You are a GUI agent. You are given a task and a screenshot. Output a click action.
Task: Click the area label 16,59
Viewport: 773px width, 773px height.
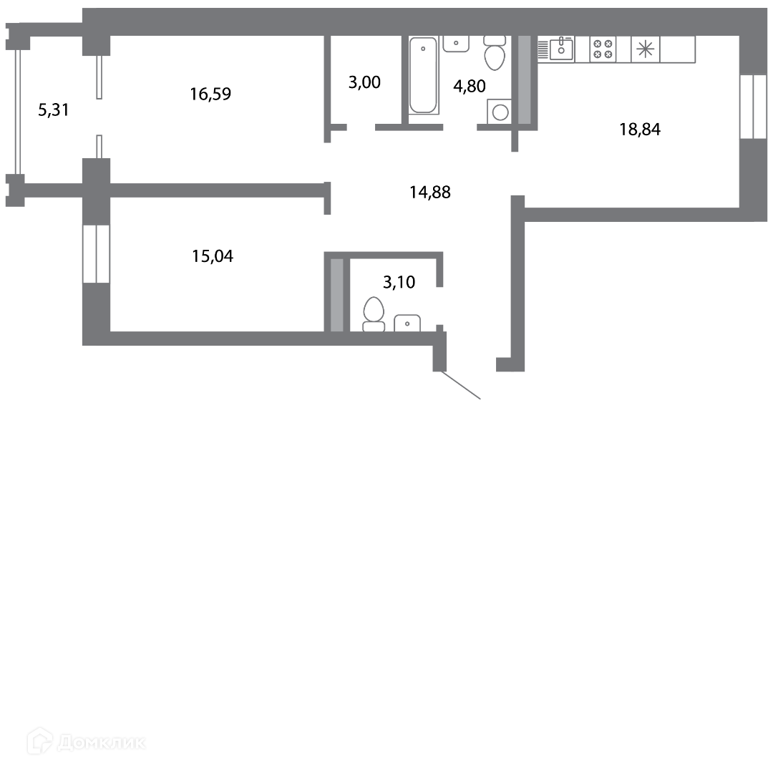(210, 94)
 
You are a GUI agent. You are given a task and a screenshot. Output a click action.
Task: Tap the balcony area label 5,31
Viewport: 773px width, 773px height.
(54, 110)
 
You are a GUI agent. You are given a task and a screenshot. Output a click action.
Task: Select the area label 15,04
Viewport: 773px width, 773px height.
(213, 256)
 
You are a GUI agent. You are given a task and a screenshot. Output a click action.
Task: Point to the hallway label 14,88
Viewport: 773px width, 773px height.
(430, 192)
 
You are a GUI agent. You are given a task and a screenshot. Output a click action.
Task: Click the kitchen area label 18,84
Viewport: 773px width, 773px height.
(640, 129)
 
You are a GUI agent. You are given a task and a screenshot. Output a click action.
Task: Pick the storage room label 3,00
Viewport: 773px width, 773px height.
(364, 82)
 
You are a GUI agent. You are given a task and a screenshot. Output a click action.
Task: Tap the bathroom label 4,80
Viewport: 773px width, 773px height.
(470, 86)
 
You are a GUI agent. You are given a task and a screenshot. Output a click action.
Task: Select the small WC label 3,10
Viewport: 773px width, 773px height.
(399, 282)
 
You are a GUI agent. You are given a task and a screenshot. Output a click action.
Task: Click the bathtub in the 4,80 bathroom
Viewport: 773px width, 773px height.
(424, 75)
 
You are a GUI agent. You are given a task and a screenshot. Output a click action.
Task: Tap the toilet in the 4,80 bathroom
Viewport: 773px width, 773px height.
(495, 53)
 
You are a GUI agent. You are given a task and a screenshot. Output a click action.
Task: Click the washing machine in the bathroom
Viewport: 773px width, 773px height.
(500, 112)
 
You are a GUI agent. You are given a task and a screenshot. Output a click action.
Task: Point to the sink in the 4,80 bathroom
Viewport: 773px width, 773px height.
(456, 44)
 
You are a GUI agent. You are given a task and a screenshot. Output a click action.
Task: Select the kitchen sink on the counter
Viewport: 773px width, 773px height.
(562, 49)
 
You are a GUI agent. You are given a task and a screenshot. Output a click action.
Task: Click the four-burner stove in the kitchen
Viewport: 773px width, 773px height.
(603, 49)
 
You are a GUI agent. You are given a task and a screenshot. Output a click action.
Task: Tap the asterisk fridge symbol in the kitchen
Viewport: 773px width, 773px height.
(646, 49)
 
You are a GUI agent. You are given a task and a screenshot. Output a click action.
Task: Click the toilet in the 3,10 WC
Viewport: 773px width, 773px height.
(374, 314)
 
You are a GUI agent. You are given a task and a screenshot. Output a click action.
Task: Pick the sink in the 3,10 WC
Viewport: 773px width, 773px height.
(407, 323)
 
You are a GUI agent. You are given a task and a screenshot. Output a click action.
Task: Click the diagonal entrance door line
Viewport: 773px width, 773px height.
(460, 385)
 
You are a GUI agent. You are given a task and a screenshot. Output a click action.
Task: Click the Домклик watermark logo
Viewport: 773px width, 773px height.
(87, 741)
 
